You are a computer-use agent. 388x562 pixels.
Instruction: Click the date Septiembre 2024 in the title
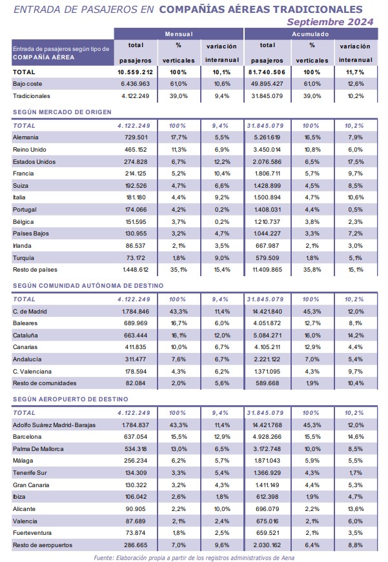tap(331, 22)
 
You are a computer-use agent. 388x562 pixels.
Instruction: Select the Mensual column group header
tap(179, 34)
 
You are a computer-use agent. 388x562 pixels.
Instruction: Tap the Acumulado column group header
tap(311, 34)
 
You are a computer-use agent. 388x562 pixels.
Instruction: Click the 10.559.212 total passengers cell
tap(135, 72)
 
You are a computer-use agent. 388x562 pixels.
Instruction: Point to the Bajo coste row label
tap(27, 84)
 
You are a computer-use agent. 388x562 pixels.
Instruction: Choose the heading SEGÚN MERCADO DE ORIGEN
tap(62, 112)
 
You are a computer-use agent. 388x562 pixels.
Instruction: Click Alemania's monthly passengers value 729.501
tap(136, 137)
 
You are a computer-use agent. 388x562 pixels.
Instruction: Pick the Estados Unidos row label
tap(34, 162)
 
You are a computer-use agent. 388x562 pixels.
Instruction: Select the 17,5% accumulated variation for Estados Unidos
tap(356, 162)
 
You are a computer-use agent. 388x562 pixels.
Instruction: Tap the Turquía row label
tap(23, 257)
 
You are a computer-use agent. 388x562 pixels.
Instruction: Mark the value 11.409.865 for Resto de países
tap(267, 270)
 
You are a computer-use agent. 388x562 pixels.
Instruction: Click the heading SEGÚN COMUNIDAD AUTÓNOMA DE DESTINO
tap(88, 286)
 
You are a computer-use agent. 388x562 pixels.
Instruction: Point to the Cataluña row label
tap(25, 335)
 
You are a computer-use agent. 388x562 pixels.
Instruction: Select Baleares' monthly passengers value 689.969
tap(136, 323)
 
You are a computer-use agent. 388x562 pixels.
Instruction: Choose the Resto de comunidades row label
tap(45, 383)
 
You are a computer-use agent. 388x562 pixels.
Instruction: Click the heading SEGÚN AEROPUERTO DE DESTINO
tap(70, 399)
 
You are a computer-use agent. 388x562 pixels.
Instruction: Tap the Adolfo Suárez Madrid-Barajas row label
tap(54, 425)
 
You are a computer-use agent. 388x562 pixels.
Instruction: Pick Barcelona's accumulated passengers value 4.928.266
tap(267, 437)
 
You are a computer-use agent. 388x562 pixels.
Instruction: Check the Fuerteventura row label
tap(32, 533)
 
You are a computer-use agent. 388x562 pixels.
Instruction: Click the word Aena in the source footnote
tap(288, 557)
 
